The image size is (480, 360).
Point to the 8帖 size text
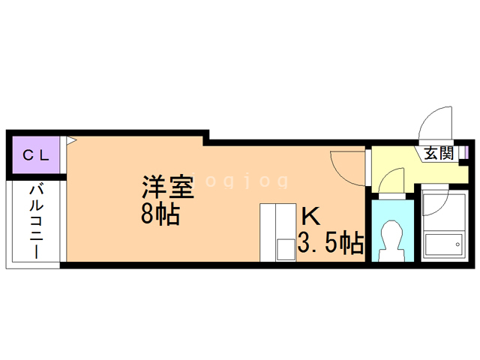(160, 215)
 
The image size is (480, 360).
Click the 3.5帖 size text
(331, 242)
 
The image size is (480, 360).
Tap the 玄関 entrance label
(438, 154)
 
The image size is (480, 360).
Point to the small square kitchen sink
(285, 250)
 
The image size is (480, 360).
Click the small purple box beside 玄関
(463, 154)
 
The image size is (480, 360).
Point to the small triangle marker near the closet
(71, 139)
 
